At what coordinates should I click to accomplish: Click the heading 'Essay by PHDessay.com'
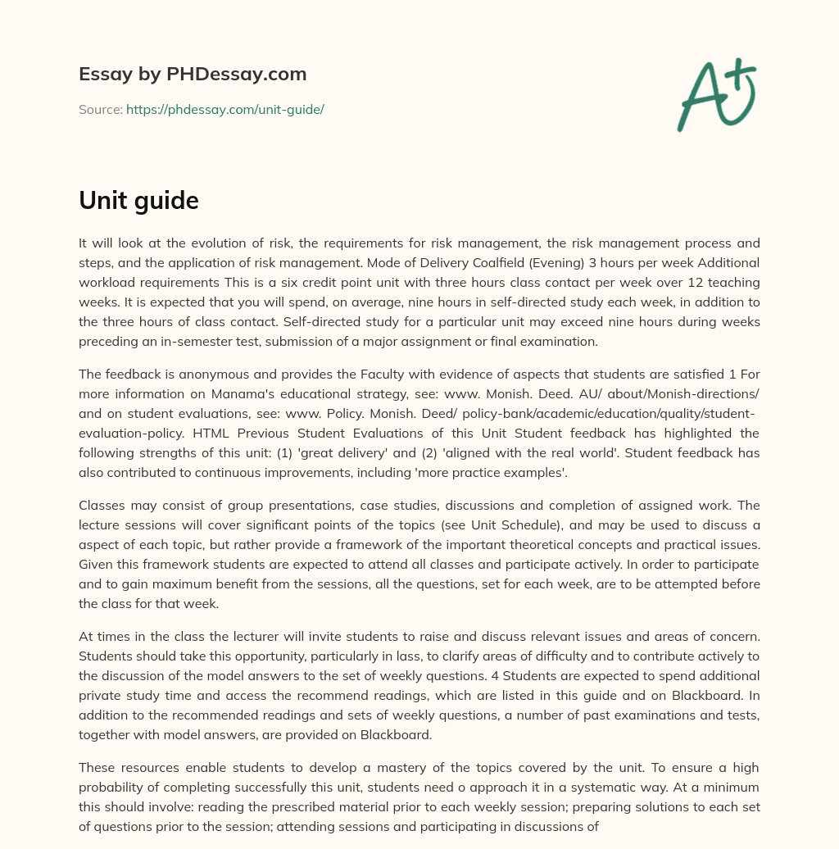(193, 75)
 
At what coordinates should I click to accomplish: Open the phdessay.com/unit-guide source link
(225, 109)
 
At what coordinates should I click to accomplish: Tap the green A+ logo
(716, 94)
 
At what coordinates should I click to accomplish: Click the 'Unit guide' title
(138, 201)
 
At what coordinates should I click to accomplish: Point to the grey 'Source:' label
(101, 109)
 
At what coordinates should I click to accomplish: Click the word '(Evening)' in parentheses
(562, 262)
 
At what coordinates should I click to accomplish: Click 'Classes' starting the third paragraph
(101, 506)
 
